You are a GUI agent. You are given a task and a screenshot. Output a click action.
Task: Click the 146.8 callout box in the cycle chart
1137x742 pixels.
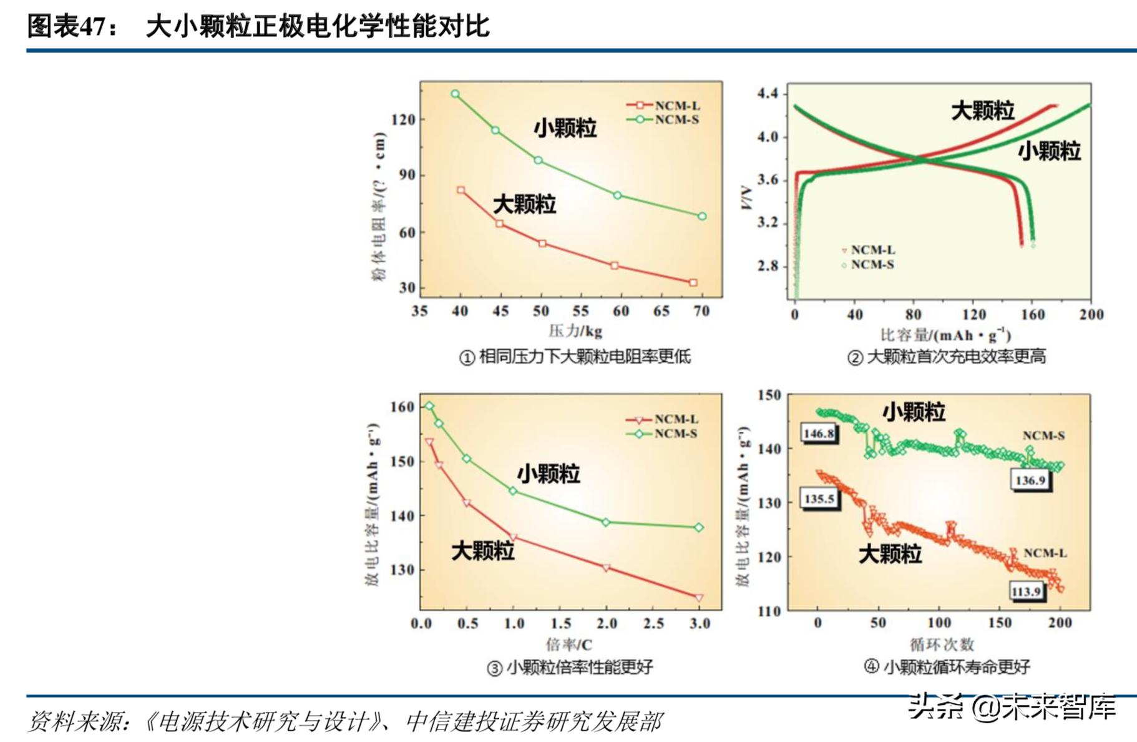click(x=819, y=433)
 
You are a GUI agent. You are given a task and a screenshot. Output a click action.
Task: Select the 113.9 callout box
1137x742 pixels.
click(x=1026, y=591)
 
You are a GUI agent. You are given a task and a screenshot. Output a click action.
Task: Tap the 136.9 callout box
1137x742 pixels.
click(x=1030, y=480)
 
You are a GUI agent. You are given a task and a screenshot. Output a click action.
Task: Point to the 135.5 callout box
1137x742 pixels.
click(x=819, y=498)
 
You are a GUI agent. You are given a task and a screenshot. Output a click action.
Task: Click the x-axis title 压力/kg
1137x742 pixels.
click(x=575, y=331)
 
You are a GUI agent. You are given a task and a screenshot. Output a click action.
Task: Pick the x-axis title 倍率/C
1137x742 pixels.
click(x=568, y=644)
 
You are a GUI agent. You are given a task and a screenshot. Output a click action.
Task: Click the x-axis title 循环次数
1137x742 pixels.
click(x=942, y=644)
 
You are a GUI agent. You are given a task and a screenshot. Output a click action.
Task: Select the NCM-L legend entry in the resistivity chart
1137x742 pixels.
click(x=663, y=106)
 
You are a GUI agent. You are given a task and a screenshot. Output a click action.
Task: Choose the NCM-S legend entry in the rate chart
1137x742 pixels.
click(x=662, y=433)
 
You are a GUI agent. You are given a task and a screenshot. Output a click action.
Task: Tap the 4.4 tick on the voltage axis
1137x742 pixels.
click(x=767, y=94)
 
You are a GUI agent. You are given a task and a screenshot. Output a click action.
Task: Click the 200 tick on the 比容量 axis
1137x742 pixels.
click(x=1091, y=314)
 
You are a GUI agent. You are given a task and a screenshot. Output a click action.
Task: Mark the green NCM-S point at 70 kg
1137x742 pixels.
click(x=702, y=216)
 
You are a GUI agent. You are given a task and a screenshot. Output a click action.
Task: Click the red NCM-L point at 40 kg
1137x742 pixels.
click(x=461, y=190)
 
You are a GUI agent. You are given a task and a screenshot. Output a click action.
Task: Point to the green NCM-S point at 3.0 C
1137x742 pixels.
click(x=699, y=527)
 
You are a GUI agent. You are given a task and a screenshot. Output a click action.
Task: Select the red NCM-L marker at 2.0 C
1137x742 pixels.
click(x=606, y=568)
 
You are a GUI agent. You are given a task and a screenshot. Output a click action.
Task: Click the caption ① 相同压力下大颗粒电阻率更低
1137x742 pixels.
click(x=575, y=357)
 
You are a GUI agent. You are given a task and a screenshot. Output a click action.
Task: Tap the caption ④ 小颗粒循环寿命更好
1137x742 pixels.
click(x=947, y=666)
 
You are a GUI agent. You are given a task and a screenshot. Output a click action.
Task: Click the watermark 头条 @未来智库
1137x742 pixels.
click(x=1012, y=706)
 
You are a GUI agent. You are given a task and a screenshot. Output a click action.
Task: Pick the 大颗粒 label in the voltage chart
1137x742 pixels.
click(x=982, y=111)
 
